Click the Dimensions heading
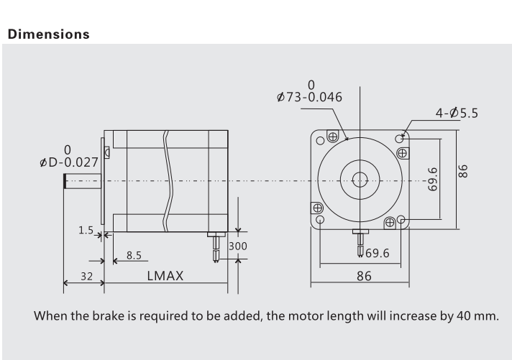tap(48, 34)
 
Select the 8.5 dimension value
tap(133, 255)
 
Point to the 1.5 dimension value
tap(86, 231)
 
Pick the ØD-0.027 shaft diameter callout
tap(69, 162)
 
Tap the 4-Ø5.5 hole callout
tap(457, 112)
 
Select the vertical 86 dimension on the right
tap(464, 171)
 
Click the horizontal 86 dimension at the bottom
tap(363, 275)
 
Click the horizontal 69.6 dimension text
tap(378, 252)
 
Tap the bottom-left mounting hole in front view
tap(320, 219)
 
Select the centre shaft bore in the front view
tap(360, 180)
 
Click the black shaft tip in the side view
tap(65, 180)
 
